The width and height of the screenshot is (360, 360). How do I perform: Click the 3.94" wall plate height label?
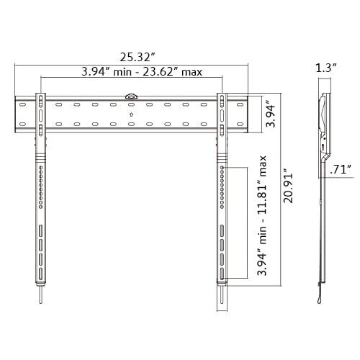(269, 113)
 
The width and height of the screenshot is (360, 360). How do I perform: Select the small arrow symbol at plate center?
(131, 114)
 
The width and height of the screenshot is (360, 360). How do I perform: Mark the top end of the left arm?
(42, 94)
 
